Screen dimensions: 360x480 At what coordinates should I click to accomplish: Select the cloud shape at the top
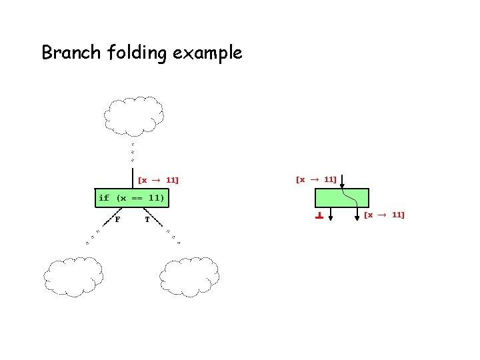(134, 115)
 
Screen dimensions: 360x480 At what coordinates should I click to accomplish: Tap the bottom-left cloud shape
(74, 276)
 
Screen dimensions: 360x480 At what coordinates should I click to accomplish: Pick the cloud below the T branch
(190, 276)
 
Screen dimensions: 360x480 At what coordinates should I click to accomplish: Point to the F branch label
(117, 219)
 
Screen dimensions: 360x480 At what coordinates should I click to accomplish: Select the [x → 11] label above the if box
(158, 180)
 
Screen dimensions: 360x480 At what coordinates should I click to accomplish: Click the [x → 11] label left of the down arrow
(315, 179)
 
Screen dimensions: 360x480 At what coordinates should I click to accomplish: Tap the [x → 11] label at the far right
(384, 215)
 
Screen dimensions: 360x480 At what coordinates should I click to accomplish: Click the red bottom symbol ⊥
(319, 215)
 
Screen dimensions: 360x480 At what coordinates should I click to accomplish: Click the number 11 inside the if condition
(155, 198)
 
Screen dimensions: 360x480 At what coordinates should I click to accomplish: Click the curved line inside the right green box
(349, 197)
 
